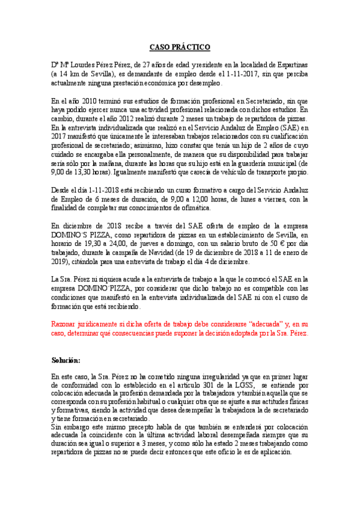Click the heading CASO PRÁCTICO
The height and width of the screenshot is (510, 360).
pos(180,46)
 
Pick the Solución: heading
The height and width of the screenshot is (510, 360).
pos(66,360)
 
